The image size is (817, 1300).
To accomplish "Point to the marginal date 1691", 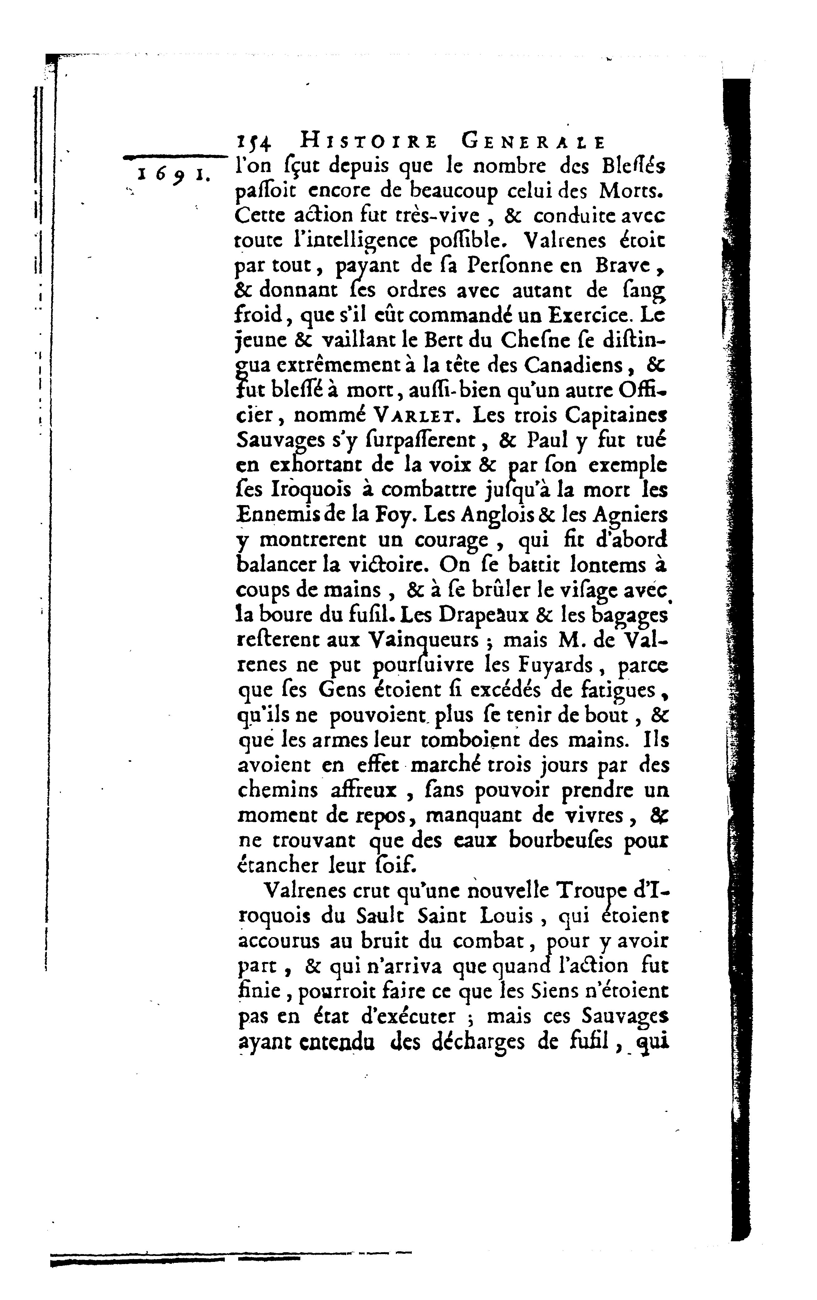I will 170,174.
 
